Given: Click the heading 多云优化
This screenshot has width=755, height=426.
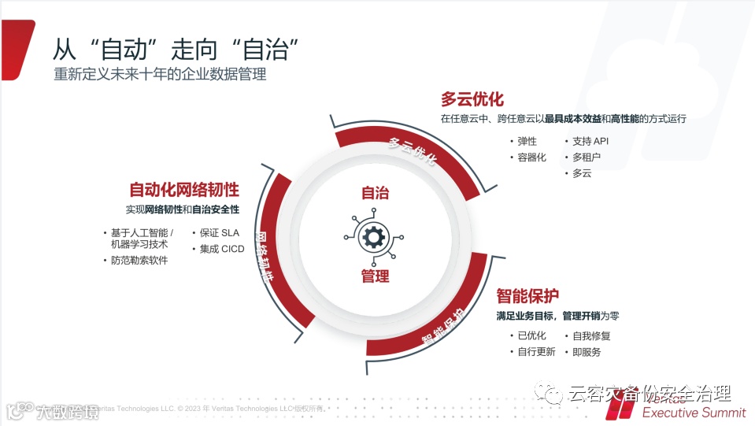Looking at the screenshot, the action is click(x=472, y=100).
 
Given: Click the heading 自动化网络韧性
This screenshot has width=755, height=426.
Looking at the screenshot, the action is click(x=184, y=190).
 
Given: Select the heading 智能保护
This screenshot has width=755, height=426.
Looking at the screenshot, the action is click(x=527, y=297).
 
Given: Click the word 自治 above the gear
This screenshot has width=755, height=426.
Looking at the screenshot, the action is click(x=375, y=194).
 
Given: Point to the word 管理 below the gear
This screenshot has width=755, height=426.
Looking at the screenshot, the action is click(x=375, y=276).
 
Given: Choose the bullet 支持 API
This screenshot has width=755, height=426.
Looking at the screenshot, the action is click(x=590, y=142).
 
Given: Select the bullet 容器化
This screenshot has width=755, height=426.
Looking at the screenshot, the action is click(x=531, y=157).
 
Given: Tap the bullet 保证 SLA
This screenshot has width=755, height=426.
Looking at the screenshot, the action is click(x=219, y=233).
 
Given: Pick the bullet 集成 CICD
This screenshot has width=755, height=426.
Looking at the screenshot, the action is click(x=221, y=249).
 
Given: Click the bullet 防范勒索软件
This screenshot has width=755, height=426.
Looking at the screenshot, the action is click(x=139, y=261).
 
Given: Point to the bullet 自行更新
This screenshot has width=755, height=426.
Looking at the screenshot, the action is click(x=536, y=352).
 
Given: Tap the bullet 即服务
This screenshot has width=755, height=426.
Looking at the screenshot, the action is click(x=587, y=352).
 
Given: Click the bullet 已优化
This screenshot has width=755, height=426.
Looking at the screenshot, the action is click(x=531, y=335).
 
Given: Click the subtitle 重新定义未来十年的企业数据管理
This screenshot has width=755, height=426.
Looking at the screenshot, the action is click(x=160, y=76).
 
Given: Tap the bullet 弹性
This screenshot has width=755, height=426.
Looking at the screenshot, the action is click(x=527, y=142).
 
